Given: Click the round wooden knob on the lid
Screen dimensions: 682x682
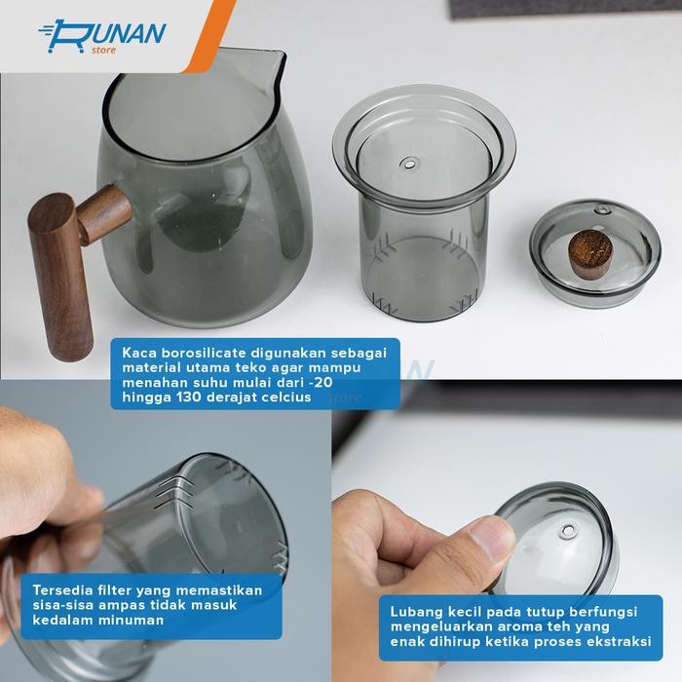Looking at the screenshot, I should point(590,253).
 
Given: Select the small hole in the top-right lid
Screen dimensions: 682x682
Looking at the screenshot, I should point(602,209).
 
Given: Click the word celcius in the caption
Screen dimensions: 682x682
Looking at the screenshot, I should point(284,397).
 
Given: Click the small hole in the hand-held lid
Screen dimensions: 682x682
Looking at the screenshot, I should point(566,531).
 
